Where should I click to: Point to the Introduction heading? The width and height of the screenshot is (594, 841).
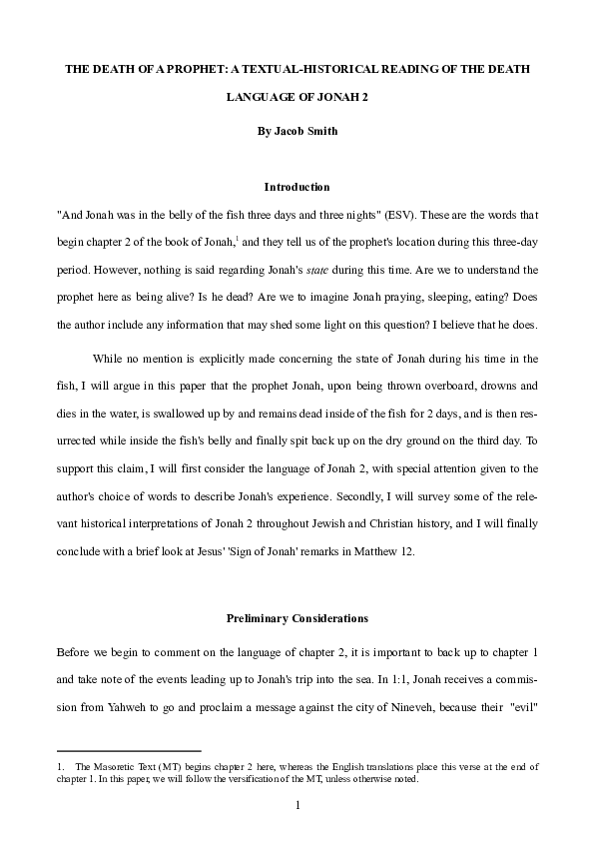pyautogui.click(x=297, y=187)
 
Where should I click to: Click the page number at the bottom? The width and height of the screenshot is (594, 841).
pyautogui.click(x=297, y=805)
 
